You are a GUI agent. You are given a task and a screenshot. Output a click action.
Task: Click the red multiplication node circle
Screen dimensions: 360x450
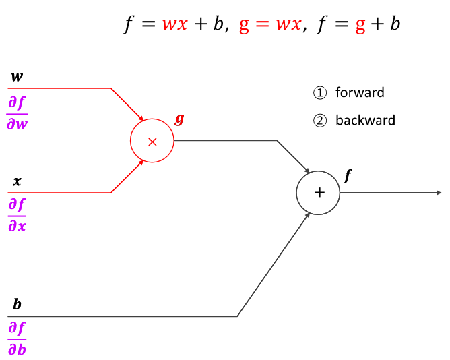[152, 141]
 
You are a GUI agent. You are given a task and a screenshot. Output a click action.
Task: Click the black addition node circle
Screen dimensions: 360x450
[319, 193]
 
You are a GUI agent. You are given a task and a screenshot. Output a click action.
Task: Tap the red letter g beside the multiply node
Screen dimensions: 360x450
[179, 119]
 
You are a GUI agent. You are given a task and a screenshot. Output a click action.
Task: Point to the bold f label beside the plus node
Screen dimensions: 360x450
[348, 176]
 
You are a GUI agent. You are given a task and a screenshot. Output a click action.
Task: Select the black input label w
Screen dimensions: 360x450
[17, 77]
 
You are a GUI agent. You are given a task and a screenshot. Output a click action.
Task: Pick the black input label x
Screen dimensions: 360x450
[17, 181]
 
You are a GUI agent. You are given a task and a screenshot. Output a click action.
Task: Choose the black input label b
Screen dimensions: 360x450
[17, 305]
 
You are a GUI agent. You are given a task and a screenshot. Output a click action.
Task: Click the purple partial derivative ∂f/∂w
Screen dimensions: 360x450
[18, 113]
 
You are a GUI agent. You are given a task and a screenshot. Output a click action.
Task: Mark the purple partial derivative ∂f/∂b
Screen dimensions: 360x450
[18, 338]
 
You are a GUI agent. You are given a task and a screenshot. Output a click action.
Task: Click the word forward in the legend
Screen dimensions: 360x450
[360, 93]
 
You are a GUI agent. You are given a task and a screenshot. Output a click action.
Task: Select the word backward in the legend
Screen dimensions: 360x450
[365, 121]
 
